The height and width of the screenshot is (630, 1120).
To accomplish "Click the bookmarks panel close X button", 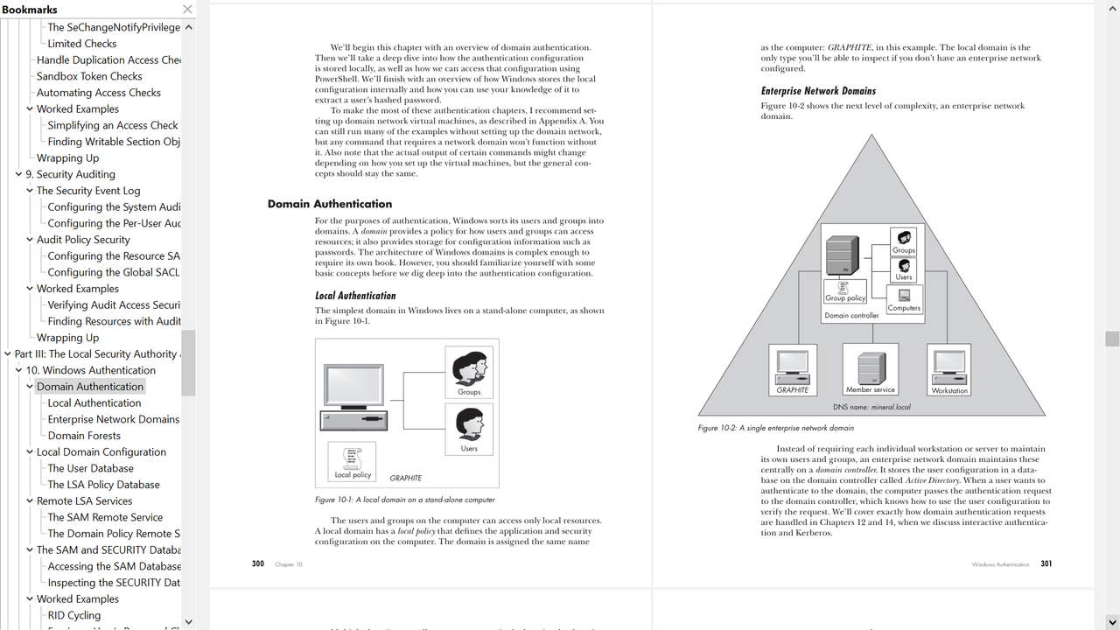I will [x=187, y=10].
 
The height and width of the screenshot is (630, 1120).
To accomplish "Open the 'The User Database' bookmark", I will [x=90, y=468].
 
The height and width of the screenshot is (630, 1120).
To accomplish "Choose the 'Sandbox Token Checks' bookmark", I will [x=89, y=76].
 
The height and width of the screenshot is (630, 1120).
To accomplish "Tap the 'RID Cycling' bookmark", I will [x=73, y=615].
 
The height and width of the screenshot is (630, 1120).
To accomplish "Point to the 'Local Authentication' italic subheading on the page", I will [x=355, y=296].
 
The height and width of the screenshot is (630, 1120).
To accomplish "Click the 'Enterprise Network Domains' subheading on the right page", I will [x=818, y=91].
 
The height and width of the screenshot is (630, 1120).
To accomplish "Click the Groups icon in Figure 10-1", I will [x=469, y=371].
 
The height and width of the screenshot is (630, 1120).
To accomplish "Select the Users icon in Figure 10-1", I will [x=469, y=428].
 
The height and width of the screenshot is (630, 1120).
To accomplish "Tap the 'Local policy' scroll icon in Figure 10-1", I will [x=353, y=461].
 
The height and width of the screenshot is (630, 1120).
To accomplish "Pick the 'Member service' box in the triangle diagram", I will [x=870, y=368].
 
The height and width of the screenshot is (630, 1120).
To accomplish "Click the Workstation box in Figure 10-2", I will [x=949, y=368].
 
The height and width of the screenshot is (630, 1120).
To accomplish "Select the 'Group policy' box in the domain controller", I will [x=846, y=291].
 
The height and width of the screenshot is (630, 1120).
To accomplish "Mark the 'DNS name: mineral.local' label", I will [x=871, y=407].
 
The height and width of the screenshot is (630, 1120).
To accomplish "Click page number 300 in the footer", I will [x=258, y=564].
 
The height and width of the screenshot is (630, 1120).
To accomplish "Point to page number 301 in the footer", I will [x=1046, y=564].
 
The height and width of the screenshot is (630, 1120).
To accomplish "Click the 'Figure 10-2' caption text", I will [x=775, y=428].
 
